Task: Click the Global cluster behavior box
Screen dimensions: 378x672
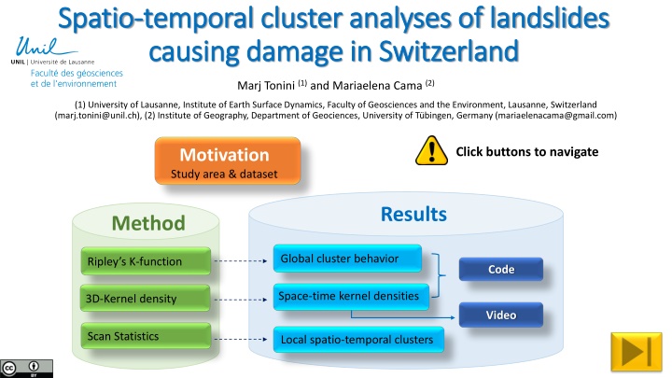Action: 345,259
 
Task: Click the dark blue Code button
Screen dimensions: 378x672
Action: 499,270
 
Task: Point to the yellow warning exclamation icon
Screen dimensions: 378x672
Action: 431,151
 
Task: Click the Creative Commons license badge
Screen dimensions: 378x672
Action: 20,367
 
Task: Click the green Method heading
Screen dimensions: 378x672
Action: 147,223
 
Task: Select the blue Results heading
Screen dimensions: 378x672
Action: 413,215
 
